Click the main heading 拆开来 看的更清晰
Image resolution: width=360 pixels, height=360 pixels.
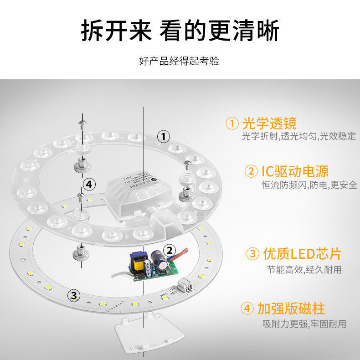tap(180, 31)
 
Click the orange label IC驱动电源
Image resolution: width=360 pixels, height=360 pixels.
tap(294, 171)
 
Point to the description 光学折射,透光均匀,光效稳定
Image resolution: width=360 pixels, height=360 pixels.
tap(298, 137)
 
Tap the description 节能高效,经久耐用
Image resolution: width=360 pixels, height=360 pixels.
tap(304, 269)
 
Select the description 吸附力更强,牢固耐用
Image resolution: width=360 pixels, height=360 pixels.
tap(304, 324)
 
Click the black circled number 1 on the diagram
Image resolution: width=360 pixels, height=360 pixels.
tap(164, 136)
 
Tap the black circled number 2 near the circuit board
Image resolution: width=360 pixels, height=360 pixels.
tap(170, 250)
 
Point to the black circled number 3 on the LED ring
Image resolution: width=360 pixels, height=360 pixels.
tap(74, 295)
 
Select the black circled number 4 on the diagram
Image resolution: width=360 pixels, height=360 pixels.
tap(89, 184)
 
